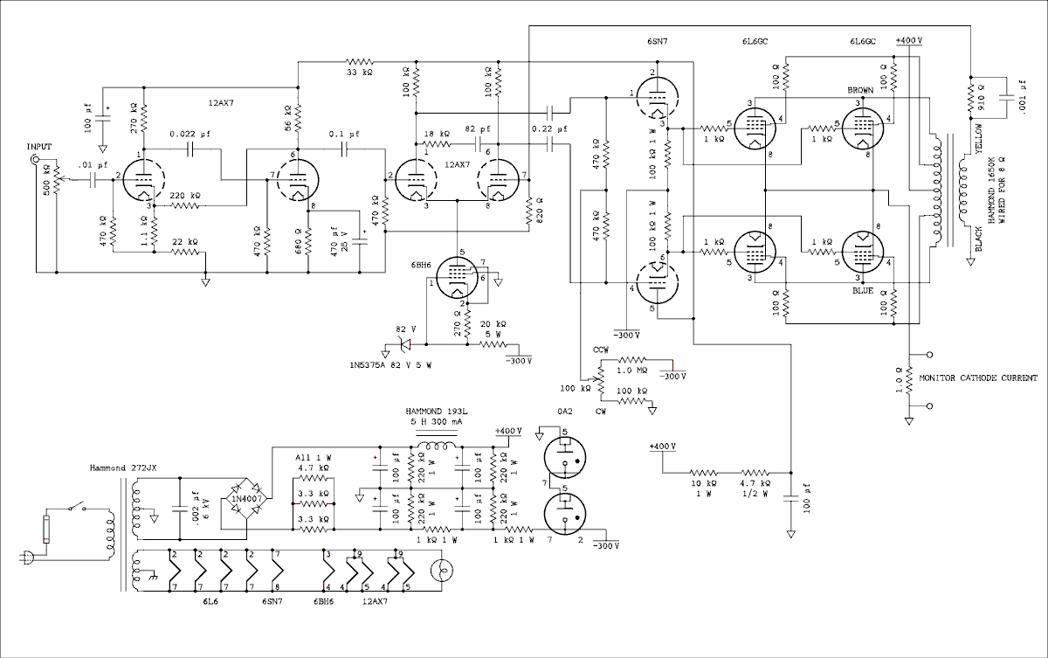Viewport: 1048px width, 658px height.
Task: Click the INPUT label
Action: pos(39,146)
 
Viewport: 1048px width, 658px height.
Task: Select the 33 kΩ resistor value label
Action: pos(360,73)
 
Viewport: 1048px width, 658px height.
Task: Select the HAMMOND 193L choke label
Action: pos(434,412)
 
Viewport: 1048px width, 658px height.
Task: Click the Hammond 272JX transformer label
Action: pos(122,468)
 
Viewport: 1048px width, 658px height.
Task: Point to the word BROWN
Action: pos(861,91)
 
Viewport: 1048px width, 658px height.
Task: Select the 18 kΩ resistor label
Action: pos(438,134)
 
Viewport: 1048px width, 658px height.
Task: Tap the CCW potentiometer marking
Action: pos(602,350)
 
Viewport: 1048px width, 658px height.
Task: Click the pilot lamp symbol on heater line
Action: pos(442,572)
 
